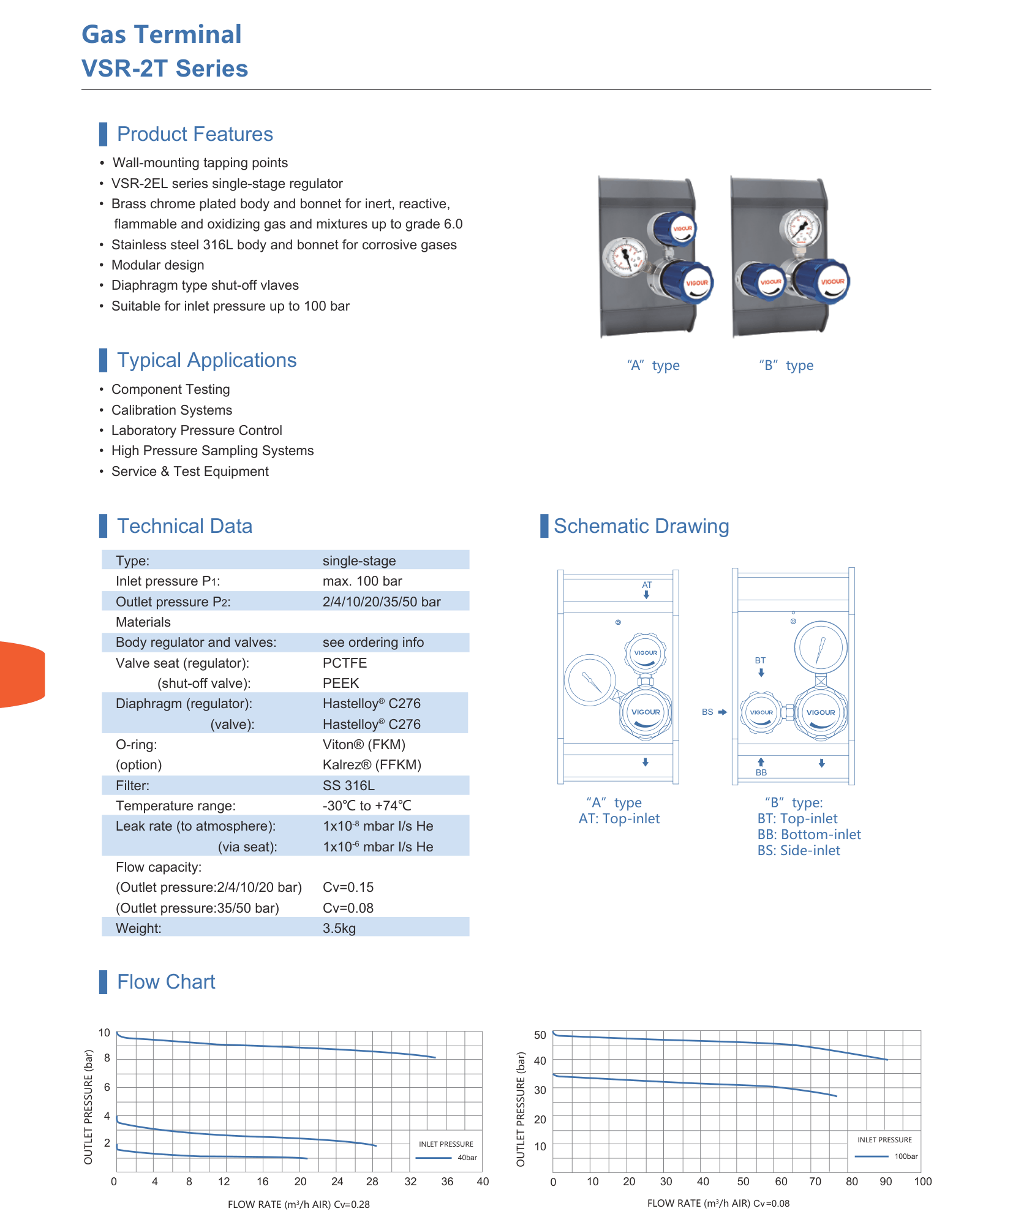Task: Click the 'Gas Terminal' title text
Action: coord(162,34)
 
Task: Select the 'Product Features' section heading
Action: coord(195,134)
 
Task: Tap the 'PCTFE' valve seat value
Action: coord(345,663)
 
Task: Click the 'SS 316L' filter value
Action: coord(348,785)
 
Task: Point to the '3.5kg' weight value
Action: coord(339,929)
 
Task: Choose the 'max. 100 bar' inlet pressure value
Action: coord(363,581)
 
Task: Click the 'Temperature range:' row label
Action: coord(176,806)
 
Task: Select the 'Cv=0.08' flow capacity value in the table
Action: coord(348,908)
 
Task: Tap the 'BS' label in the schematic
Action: coord(707,712)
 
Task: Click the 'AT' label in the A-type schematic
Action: coord(647,585)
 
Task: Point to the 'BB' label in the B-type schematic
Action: coord(761,772)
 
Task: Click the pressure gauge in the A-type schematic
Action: coord(589,680)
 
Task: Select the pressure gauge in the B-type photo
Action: coord(800,229)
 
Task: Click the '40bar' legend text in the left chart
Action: coord(467,1158)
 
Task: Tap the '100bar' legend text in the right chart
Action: coord(906,1156)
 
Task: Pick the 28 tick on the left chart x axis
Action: coord(372,1182)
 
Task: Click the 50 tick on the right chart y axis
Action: coord(540,1035)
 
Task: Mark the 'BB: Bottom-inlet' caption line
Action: coord(809,834)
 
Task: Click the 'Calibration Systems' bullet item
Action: coord(171,410)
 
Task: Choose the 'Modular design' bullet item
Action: coord(157,265)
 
